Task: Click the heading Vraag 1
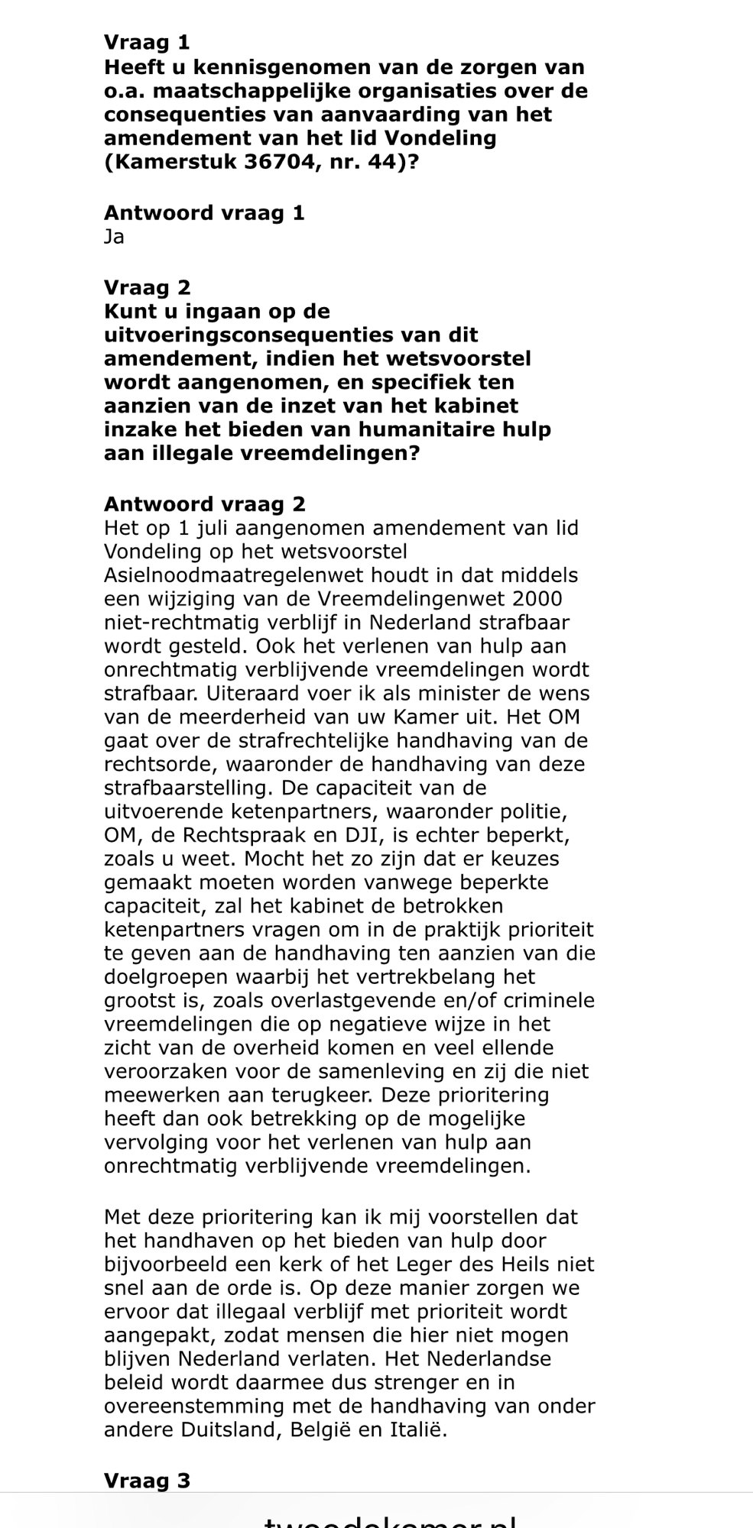(x=147, y=43)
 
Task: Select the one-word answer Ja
(x=114, y=237)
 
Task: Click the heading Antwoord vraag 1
(x=204, y=213)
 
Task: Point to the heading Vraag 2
(x=148, y=288)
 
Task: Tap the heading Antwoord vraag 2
(x=204, y=504)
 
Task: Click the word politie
(x=541, y=811)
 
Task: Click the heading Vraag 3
(x=147, y=1481)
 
